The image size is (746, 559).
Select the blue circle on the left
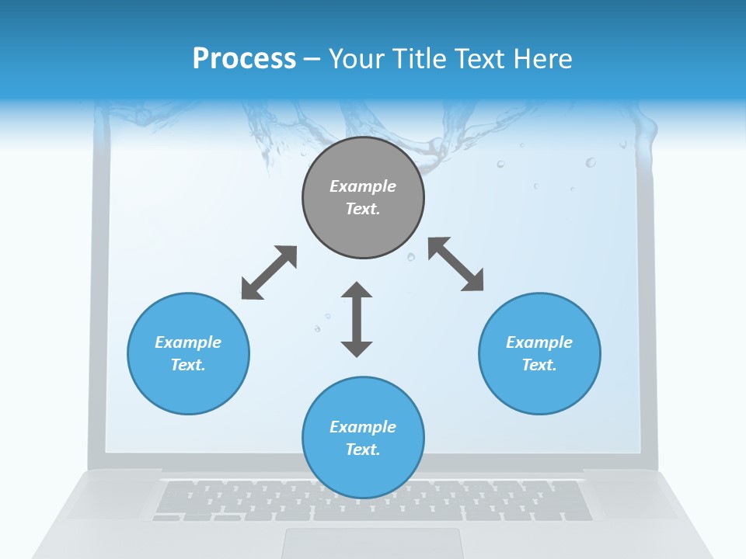tap(188, 353)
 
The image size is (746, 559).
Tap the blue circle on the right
tap(539, 353)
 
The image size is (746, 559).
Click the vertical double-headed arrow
tap(357, 319)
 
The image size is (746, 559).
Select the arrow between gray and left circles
tap(269, 273)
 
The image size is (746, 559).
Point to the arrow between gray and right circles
tap(456, 264)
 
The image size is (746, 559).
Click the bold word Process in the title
tap(244, 58)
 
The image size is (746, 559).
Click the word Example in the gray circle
tap(363, 186)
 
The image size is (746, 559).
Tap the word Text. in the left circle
tap(188, 365)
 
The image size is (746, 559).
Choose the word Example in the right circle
tap(539, 342)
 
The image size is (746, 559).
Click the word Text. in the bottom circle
tap(363, 450)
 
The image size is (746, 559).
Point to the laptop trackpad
tap(371, 543)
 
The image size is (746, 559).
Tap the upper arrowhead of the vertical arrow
tap(357, 290)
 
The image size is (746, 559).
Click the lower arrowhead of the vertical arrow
tap(357, 348)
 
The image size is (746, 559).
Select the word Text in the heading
tap(480, 58)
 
